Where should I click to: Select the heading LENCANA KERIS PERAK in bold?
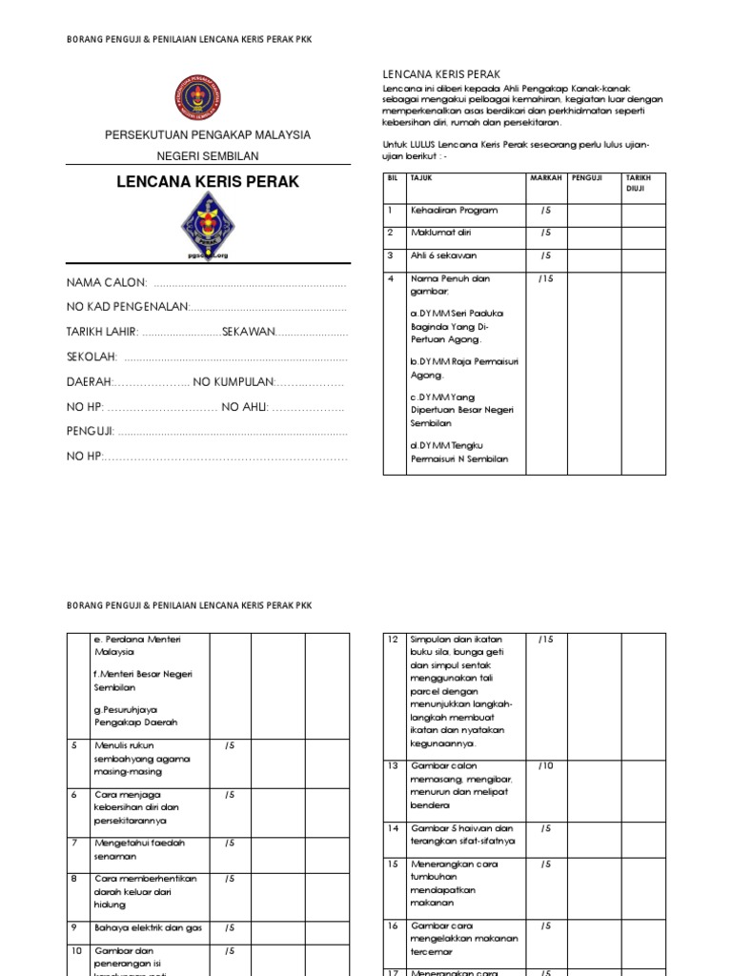[x=207, y=181]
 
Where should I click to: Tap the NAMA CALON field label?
[x=106, y=283]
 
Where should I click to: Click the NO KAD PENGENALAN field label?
[x=128, y=307]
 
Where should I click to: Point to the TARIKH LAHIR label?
[x=102, y=332]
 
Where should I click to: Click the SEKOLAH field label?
[x=91, y=356]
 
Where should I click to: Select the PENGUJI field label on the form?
[x=90, y=431]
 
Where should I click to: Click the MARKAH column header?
[x=546, y=177]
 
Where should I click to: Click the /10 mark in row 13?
[x=545, y=765]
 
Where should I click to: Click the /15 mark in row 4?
[x=545, y=278]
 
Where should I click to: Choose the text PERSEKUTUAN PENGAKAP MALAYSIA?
[x=208, y=135]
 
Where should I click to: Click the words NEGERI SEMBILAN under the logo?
[x=208, y=155]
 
